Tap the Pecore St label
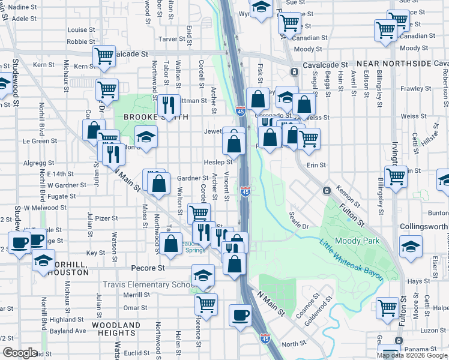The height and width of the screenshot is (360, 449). (x=148, y=268)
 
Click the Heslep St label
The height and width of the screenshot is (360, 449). (x=218, y=162)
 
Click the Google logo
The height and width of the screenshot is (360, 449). (x=20, y=352)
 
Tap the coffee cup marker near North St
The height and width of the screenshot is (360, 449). (x=241, y=315)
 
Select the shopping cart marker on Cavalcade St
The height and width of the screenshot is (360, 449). (x=104, y=56)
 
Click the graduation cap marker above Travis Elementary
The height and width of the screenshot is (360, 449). (x=203, y=275)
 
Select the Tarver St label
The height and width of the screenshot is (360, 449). (x=171, y=39)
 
